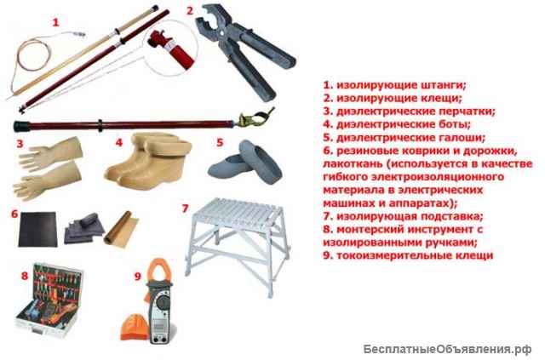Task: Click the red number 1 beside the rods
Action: (x=56, y=23)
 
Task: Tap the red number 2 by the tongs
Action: (x=190, y=11)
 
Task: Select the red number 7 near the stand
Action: (x=186, y=207)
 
